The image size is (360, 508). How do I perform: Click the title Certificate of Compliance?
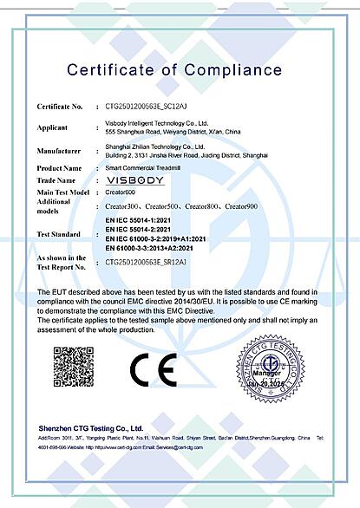click(180, 69)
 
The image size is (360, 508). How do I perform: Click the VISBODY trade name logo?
click(132, 179)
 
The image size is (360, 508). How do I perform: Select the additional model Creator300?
click(122, 209)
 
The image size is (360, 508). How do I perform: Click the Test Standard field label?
click(59, 234)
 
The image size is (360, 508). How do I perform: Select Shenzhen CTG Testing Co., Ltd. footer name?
click(90, 428)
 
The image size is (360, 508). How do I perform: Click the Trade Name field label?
click(56, 179)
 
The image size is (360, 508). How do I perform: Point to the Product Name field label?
click(60, 167)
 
